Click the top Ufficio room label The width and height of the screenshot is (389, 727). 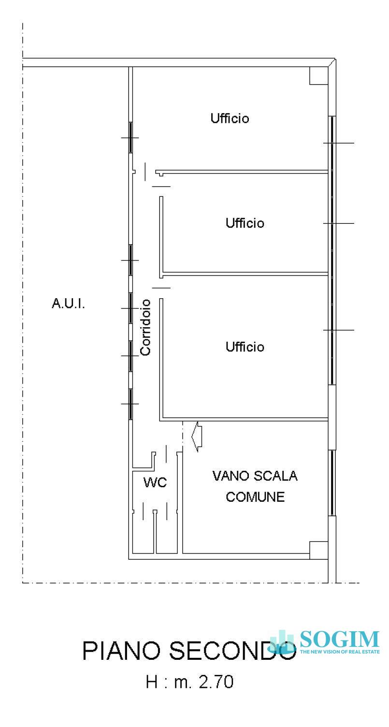pyautogui.click(x=230, y=118)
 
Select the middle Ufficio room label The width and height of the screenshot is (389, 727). pyautogui.click(x=245, y=223)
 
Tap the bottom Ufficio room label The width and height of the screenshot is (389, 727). pyautogui.click(x=245, y=347)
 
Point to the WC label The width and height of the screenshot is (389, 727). pyautogui.click(x=155, y=482)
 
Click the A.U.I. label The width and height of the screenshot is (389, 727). pyautogui.click(x=68, y=304)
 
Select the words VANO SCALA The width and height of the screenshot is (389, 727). pyautogui.click(x=255, y=476)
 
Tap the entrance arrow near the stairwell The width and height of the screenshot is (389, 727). pyautogui.click(x=197, y=436)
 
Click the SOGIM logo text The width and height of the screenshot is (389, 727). pyautogui.click(x=339, y=639)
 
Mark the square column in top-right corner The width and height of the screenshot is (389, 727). pyautogui.click(x=317, y=75)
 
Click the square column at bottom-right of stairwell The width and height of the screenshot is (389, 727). pyautogui.click(x=317, y=550)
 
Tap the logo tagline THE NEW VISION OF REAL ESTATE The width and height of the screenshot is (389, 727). pyautogui.click(x=339, y=652)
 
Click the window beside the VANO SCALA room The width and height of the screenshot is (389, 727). pyautogui.click(x=332, y=483)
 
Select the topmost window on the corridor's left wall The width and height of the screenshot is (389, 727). pyautogui.click(x=130, y=138)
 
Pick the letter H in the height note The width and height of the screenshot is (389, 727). pyautogui.click(x=151, y=682)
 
